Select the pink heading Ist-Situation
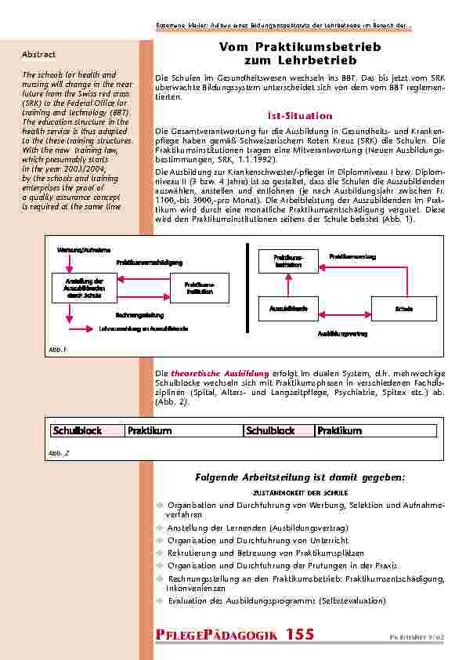[x=290, y=114]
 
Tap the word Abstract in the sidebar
[x=38, y=55]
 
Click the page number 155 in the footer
[x=304, y=634]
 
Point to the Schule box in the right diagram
[x=403, y=308]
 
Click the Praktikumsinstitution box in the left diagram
[x=199, y=288]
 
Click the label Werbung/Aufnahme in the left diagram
[x=78, y=249]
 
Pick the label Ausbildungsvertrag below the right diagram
[x=342, y=334]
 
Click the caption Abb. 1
[x=58, y=349]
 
